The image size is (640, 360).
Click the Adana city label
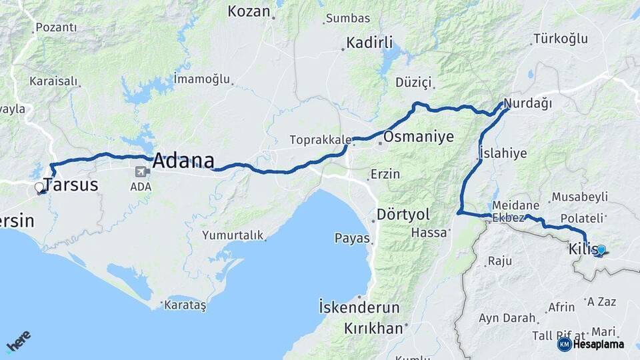coord(183,161)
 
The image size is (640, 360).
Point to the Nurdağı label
coord(528,104)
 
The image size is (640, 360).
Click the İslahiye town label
coord(503,153)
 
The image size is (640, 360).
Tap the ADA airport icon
coord(142,171)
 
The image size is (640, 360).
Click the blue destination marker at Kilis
coord(601,250)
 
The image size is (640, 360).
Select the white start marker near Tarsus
coord(39,188)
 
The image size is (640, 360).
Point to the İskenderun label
coord(359,308)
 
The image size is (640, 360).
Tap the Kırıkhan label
coord(374,328)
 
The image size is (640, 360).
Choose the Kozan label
coord(249,11)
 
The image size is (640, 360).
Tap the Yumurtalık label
coord(233,235)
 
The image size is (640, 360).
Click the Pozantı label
coord(56,27)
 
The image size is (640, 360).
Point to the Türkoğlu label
coord(561,39)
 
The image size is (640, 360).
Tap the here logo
coord(18,341)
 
